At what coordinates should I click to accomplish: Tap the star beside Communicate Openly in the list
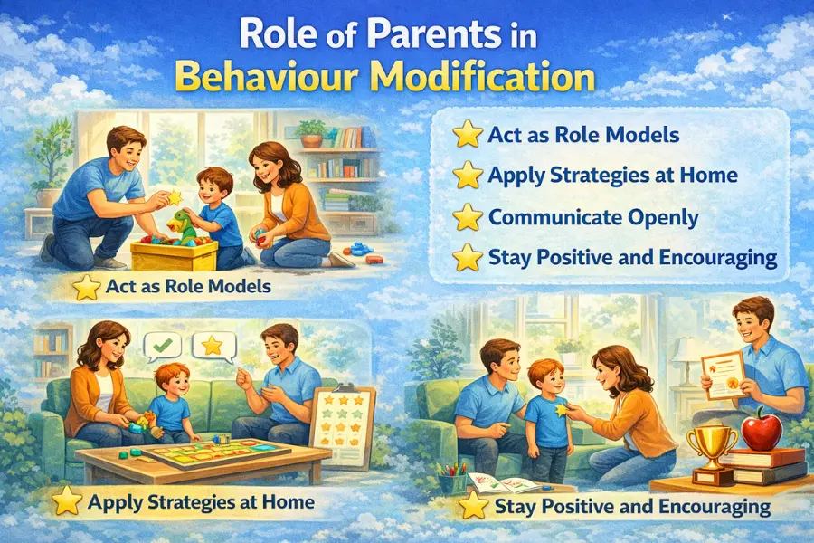coord(467,217)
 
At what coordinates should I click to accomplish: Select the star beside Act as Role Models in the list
coord(467,135)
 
